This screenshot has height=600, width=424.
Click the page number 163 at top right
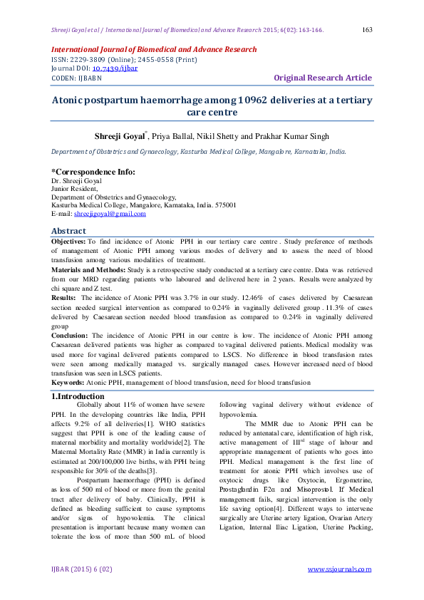368,29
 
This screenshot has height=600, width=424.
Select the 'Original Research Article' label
323,78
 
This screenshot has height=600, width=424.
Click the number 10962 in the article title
246,100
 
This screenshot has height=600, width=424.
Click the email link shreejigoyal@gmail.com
110,213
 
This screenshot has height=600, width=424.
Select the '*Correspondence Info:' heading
93,172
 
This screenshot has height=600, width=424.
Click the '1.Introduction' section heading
78,396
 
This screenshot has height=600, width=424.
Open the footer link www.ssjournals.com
339,569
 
